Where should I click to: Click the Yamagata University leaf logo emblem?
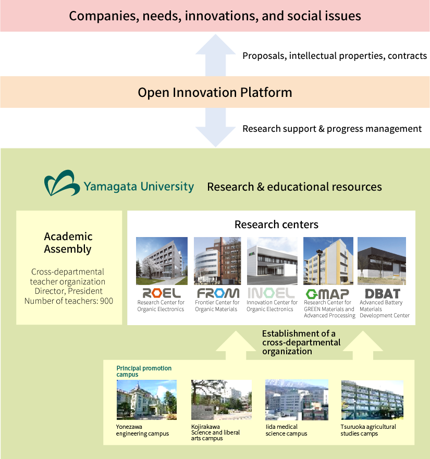point(62,183)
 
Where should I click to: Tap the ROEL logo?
point(162,293)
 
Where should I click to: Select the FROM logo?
point(218,293)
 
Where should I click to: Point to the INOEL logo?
point(271,293)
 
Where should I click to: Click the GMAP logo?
point(327,294)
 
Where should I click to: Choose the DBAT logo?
point(383,294)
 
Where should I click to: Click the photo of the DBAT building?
point(382,261)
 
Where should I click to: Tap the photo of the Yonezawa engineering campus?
point(146,400)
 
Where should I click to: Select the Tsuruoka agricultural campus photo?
point(372,400)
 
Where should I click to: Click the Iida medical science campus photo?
point(297,400)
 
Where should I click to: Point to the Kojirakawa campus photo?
point(222,400)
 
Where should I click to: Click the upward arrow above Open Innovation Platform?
point(216,55)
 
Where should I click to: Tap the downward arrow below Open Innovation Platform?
point(216,127)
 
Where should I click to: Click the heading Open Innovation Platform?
point(215,93)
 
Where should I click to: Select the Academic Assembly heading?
point(68,243)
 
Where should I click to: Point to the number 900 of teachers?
point(107,301)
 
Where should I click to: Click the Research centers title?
point(276,225)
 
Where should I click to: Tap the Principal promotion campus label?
point(144,371)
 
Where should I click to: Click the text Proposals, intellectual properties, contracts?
point(335,56)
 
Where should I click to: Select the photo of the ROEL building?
point(162,261)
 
